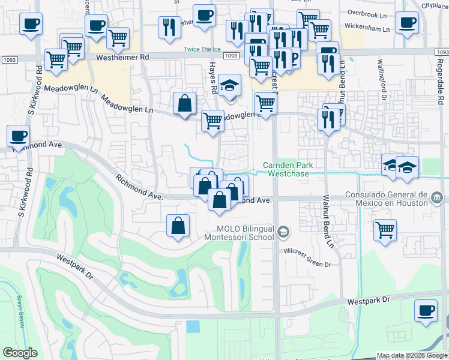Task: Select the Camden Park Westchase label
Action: [288, 169]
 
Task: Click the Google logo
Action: [20, 353]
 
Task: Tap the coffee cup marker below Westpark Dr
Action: [426, 311]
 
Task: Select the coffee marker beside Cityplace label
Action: [408, 22]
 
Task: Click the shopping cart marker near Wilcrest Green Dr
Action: [385, 229]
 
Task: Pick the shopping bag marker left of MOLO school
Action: [178, 226]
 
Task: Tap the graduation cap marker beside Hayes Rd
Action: [229, 85]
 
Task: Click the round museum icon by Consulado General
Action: [436, 197]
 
